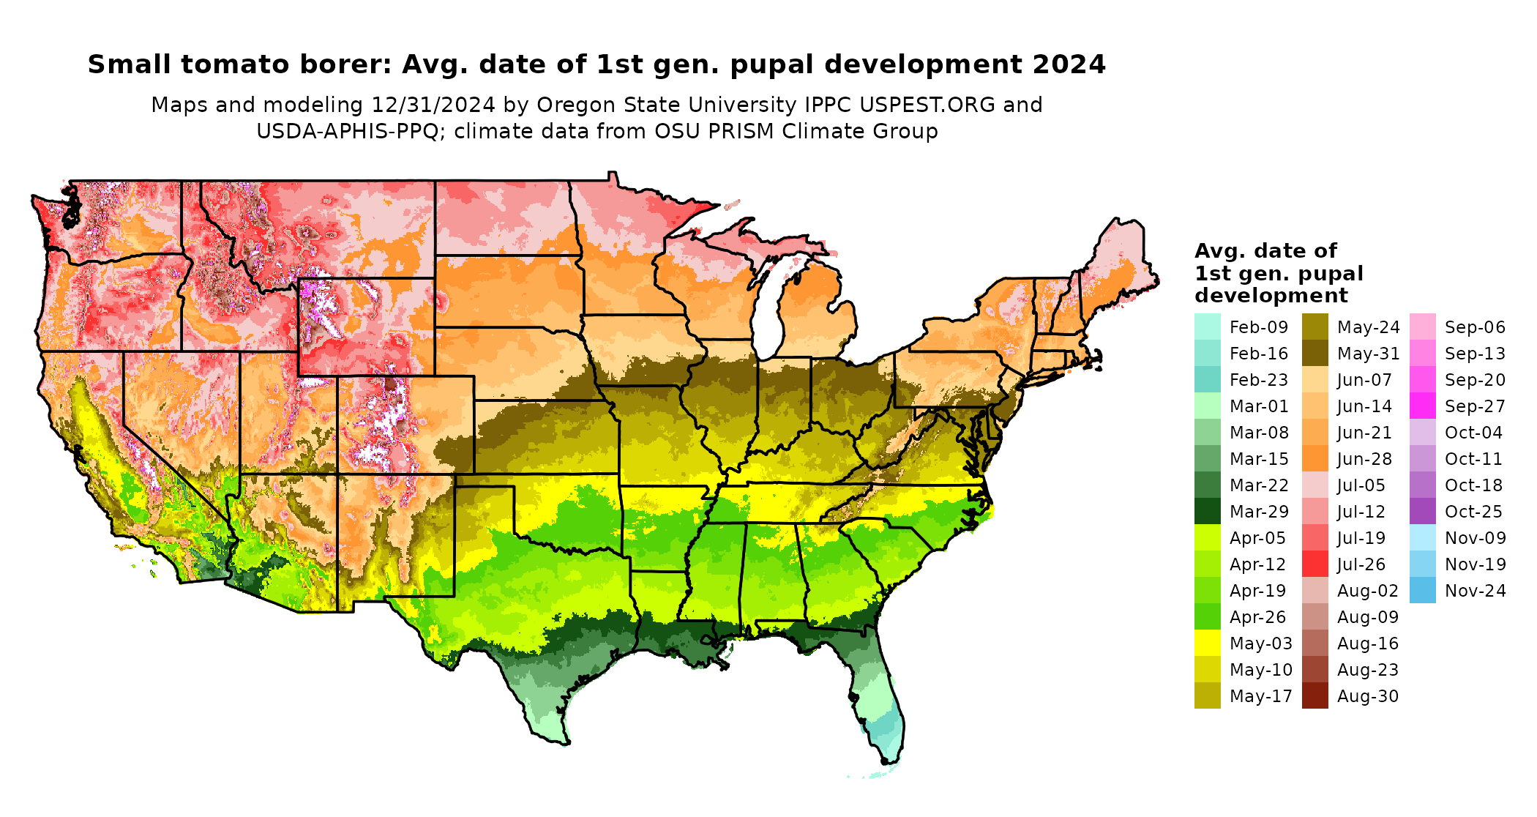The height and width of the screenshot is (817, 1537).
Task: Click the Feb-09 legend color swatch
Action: pyautogui.click(x=1207, y=327)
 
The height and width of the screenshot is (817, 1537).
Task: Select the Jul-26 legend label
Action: pyautogui.click(x=1361, y=564)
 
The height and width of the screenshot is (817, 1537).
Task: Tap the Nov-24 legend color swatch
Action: pyautogui.click(x=1422, y=590)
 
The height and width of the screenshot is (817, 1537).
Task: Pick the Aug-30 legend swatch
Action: pyautogui.click(x=1315, y=695)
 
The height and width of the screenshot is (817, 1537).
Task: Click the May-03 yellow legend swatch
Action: pyautogui.click(x=1207, y=643)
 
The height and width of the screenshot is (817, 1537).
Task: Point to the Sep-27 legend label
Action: pyautogui.click(x=1474, y=406)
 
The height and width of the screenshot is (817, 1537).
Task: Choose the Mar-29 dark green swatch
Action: pyautogui.click(x=1207, y=511)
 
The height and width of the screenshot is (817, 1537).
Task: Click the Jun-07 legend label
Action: pyautogui.click(x=1364, y=380)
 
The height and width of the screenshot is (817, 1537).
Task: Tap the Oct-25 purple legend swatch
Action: pyautogui.click(x=1422, y=511)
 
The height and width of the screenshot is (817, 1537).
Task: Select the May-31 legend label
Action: pyautogui.click(x=1368, y=354)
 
